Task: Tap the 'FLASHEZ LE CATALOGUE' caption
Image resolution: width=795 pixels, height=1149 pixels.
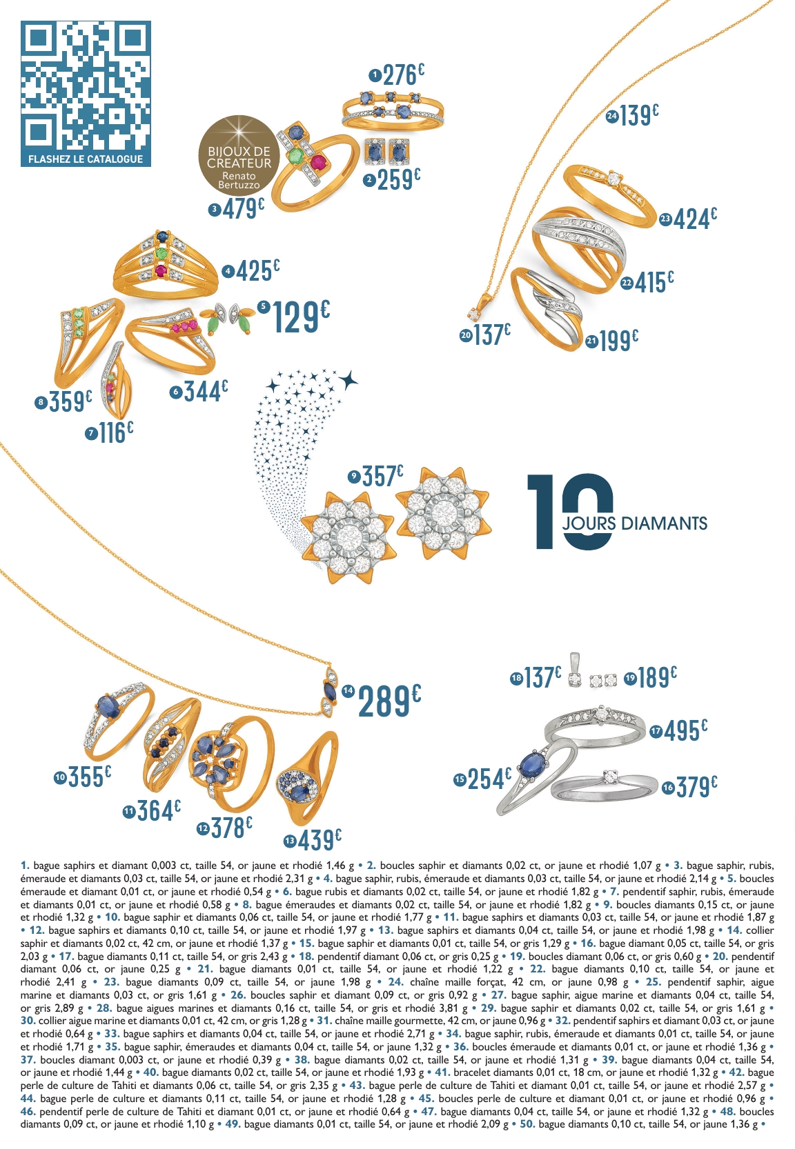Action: pyautogui.click(x=86, y=159)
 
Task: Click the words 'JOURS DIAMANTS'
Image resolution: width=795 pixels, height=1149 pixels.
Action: pyautogui.click(x=634, y=523)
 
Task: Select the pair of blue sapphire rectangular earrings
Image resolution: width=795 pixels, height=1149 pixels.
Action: pyautogui.click(x=386, y=151)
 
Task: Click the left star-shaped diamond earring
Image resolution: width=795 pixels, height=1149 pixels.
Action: pyautogui.click(x=347, y=537)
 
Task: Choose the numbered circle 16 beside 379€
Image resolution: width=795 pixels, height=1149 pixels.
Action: pyautogui.click(x=668, y=788)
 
